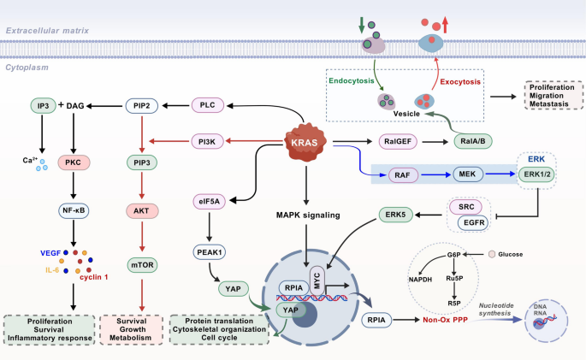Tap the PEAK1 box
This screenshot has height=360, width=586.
210,252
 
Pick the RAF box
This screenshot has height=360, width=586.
399,174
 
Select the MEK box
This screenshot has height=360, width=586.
466,174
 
